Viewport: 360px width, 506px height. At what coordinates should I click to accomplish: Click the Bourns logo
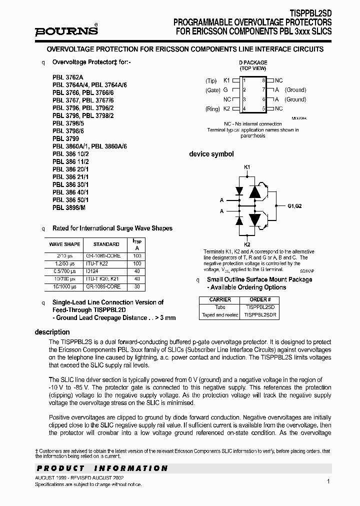click(66, 31)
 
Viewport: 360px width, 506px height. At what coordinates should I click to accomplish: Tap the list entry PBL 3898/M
click(68, 206)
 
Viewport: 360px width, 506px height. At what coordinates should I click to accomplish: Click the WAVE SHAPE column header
click(64, 244)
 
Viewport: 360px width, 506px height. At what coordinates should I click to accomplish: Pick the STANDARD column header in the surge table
click(106, 244)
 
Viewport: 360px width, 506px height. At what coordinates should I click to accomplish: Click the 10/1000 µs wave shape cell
click(64, 287)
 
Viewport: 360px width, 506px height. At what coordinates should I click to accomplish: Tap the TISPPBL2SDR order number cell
click(260, 315)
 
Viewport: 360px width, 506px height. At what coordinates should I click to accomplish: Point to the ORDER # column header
click(260, 299)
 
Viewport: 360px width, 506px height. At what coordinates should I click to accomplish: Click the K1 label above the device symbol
click(247, 167)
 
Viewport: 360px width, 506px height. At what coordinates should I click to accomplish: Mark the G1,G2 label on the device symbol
click(295, 205)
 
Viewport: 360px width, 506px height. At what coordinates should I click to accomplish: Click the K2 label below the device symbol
click(247, 243)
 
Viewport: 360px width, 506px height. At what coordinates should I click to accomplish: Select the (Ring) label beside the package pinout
click(212, 109)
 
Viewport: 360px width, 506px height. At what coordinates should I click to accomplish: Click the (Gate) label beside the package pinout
click(212, 90)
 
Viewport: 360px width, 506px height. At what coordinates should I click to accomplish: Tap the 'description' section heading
click(52, 332)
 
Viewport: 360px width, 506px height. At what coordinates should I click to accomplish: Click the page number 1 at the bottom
click(328, 481)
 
